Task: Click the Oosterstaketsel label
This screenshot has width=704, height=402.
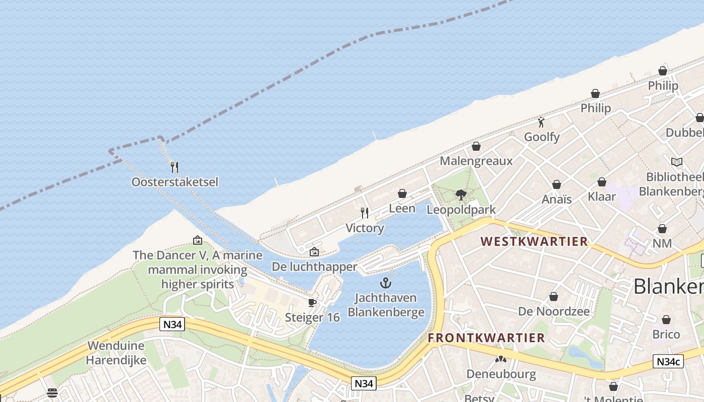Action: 175,182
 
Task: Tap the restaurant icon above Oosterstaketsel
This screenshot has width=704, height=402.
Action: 174,166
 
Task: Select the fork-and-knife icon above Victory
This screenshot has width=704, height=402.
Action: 365,213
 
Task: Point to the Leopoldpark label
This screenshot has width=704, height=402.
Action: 461,210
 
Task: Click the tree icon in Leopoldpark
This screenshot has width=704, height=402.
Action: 461,195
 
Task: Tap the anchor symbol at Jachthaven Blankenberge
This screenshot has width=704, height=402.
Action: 386,283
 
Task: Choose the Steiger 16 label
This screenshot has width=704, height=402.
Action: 312,318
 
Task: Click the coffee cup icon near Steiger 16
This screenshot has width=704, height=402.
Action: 312,303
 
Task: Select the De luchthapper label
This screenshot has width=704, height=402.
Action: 314,266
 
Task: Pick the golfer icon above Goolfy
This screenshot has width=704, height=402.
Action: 541,122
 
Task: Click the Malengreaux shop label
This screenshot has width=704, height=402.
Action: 476,161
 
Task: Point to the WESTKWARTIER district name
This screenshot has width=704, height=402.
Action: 534,242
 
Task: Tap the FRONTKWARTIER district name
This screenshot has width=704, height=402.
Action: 486,338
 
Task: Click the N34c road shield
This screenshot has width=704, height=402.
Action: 668,361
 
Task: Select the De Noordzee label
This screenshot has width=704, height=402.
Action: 554,311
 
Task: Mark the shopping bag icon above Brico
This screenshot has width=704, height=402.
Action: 666,320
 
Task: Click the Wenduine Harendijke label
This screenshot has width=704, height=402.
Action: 116,353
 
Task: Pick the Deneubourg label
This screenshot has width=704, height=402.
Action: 501,374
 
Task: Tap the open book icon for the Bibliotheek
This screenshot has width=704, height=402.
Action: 677,162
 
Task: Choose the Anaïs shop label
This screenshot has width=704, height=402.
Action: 557,199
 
